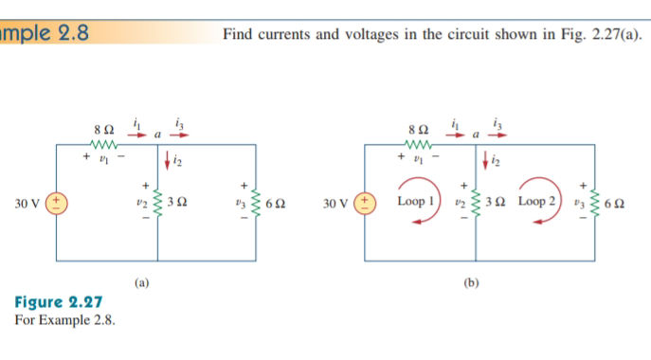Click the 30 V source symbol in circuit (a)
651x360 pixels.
tap(55, 203)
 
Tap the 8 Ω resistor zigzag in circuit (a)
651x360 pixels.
tap(103, 145)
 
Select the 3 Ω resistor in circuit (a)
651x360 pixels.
tap(157, 203)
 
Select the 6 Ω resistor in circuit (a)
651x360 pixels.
tap(257, 203)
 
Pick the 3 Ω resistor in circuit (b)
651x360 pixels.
tap(476, 203)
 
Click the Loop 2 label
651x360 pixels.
tap(537, 202)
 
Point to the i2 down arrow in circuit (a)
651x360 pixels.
tap(167, 162)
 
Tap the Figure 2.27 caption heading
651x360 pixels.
tap(59, 302)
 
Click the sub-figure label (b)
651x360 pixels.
tap(472, 282)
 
